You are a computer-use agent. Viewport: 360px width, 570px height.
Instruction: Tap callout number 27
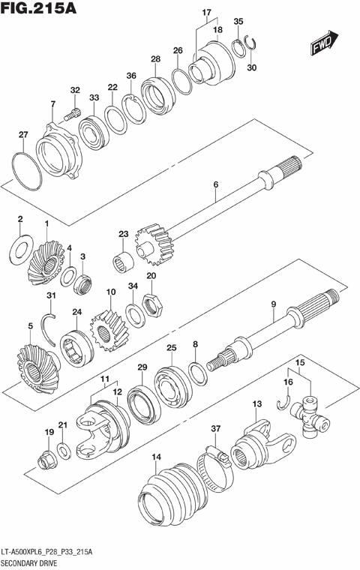[23, 135]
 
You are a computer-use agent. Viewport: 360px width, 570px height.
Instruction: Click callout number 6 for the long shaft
[215, 184]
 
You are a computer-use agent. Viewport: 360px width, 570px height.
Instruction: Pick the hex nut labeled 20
[152, 302]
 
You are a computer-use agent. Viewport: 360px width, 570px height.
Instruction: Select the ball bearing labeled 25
[172, 377]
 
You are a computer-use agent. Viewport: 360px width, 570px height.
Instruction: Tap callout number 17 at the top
[205, 13]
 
